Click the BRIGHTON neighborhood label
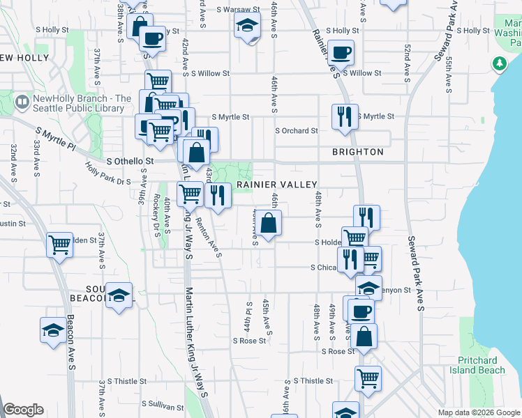coord(357,152)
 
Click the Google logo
coord(23,410)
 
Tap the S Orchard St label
coord(297,130)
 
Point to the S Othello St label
coord(130,161)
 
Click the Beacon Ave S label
coord(70,341)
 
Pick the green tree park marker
coord(500,64)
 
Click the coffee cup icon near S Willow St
coord(341,53)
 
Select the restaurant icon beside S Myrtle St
coord(345,117)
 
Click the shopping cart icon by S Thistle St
coord(368,378)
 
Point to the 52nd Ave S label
coord(407,62)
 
